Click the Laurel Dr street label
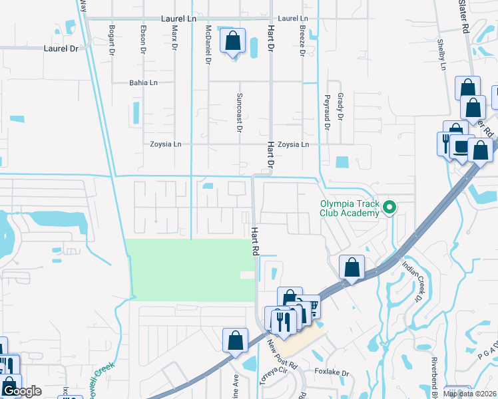(x=61, y=49)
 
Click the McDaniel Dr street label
(x=208, y=44)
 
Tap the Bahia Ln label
(x=143, y=83)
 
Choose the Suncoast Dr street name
(x=238, y=112)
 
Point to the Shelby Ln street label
(x=441, y=54)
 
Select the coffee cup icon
(x=460, y=146)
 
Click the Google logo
(x=21, y=391)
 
